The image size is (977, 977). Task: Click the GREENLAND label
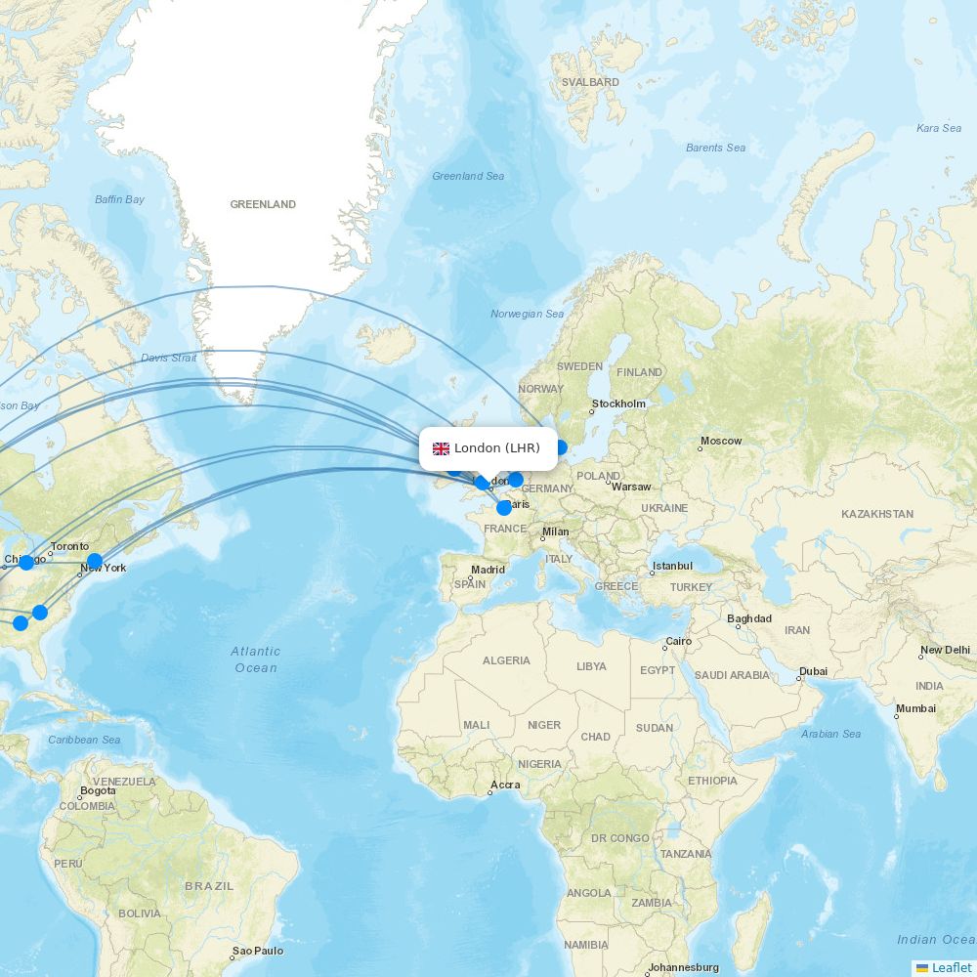(x=263, y=205)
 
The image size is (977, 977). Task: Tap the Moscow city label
(x=721, y=442)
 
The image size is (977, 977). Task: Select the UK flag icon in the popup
(x=442, y=448)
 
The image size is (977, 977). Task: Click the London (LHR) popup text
(x=497, y=448)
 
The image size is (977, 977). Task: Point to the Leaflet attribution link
(x=951, y=967)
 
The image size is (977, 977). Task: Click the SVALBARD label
(x=591, y=83)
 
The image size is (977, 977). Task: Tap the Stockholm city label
(x=618, y=404)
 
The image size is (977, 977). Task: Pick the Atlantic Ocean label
(x=255, y=659)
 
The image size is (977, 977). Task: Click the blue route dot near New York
(x=94, y=562)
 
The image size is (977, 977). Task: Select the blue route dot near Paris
(x=504, y=507)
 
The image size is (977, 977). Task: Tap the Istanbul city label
(x=673, y=567)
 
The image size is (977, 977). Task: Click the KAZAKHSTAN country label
(x=877, y=514)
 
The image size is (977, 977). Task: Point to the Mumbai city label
(x=916, y=709)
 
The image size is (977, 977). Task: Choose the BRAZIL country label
(x=209, y=886)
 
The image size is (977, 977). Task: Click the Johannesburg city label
(x=683, y=968)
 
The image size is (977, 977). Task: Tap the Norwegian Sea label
(x=528, y=315)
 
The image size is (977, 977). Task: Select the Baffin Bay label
(x=119, y=200)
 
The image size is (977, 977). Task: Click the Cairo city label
(x=678, y=643)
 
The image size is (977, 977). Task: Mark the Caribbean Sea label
(x=84, y=741)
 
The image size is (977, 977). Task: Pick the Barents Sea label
(x=715, y=149)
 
